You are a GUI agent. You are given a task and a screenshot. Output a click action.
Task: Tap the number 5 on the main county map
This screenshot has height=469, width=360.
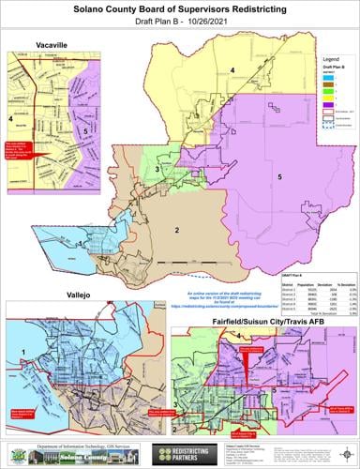coord(279,175)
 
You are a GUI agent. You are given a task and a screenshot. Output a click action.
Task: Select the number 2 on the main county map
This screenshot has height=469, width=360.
coord(175,228)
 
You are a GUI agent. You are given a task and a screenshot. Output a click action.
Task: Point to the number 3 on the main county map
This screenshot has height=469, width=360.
coord(157,169)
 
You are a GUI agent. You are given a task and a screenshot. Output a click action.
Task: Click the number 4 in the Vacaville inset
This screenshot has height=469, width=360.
coord(10,119)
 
